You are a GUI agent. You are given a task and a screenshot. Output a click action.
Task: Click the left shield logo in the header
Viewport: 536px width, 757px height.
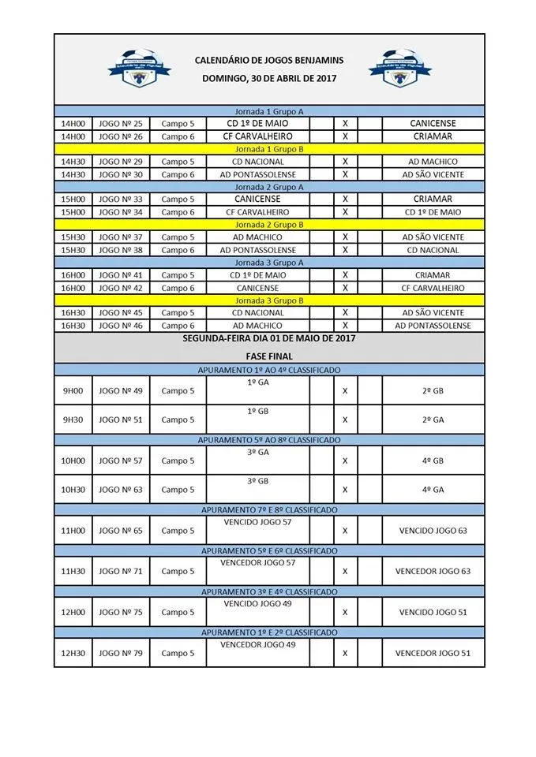point(139,69)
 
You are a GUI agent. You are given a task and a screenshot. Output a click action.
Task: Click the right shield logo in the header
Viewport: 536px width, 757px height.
point(399,69)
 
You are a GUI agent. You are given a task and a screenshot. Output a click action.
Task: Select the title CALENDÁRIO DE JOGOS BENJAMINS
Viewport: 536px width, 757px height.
point(269,60)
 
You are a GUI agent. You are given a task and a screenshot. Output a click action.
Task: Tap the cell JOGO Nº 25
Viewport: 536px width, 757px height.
point(121,124)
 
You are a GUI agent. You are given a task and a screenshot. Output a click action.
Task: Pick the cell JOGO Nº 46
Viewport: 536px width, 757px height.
point(121,326)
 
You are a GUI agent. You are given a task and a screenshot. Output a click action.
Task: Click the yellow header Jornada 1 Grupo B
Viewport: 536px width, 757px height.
point(269,149)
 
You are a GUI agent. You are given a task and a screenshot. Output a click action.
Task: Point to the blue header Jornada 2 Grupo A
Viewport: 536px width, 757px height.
point(269,187)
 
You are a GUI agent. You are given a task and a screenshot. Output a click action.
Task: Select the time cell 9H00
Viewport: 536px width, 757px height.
point(73,391)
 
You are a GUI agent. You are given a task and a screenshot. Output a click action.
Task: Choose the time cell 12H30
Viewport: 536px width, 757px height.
point(73,653)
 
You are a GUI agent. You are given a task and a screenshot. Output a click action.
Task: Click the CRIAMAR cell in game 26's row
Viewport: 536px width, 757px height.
point(433,136)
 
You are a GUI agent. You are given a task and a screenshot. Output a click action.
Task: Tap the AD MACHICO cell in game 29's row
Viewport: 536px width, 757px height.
point(433,162)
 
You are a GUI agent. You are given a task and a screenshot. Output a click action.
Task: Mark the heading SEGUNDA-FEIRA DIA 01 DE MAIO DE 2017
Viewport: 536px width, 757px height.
point(269,338)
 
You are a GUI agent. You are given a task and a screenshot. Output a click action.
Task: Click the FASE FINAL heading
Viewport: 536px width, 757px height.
point(269,356)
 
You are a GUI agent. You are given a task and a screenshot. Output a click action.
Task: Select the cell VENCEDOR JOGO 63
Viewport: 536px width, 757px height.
point(433,571)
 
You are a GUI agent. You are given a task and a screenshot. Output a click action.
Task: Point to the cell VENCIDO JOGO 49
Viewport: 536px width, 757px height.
point(258,603)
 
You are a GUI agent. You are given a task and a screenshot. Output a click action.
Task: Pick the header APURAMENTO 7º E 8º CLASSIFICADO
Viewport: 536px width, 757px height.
point(269,510)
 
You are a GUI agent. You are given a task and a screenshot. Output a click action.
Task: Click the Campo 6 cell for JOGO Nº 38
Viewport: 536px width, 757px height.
point(178,250)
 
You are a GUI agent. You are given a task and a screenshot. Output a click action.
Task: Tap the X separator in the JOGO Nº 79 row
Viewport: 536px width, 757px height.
point(345,653)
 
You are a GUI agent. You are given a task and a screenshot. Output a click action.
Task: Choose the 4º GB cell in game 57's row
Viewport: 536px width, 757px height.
point(433,461)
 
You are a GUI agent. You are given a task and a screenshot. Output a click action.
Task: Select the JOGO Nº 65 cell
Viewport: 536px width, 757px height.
point(121,531)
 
